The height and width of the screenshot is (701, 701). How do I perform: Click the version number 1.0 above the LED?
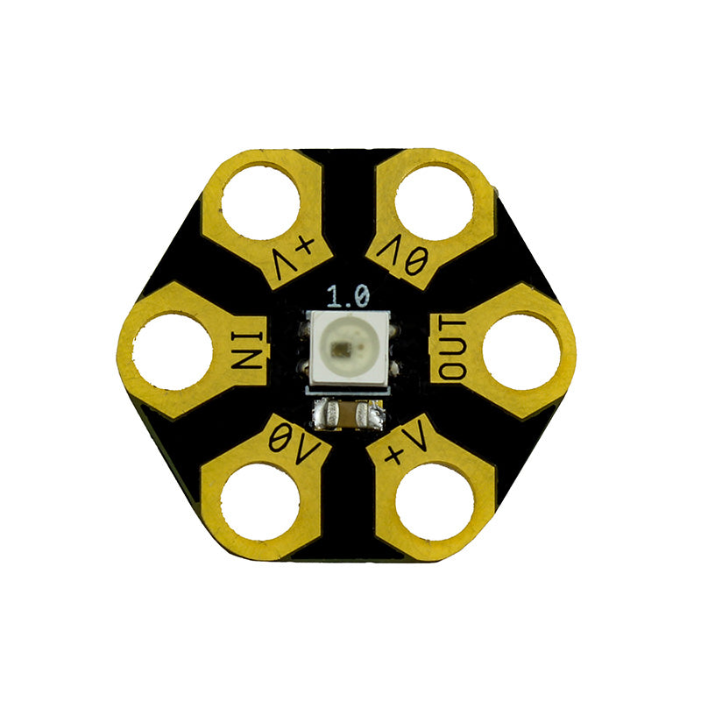[x=349, y=295]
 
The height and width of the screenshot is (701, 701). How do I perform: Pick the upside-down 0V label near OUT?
[x=402, y=257]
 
